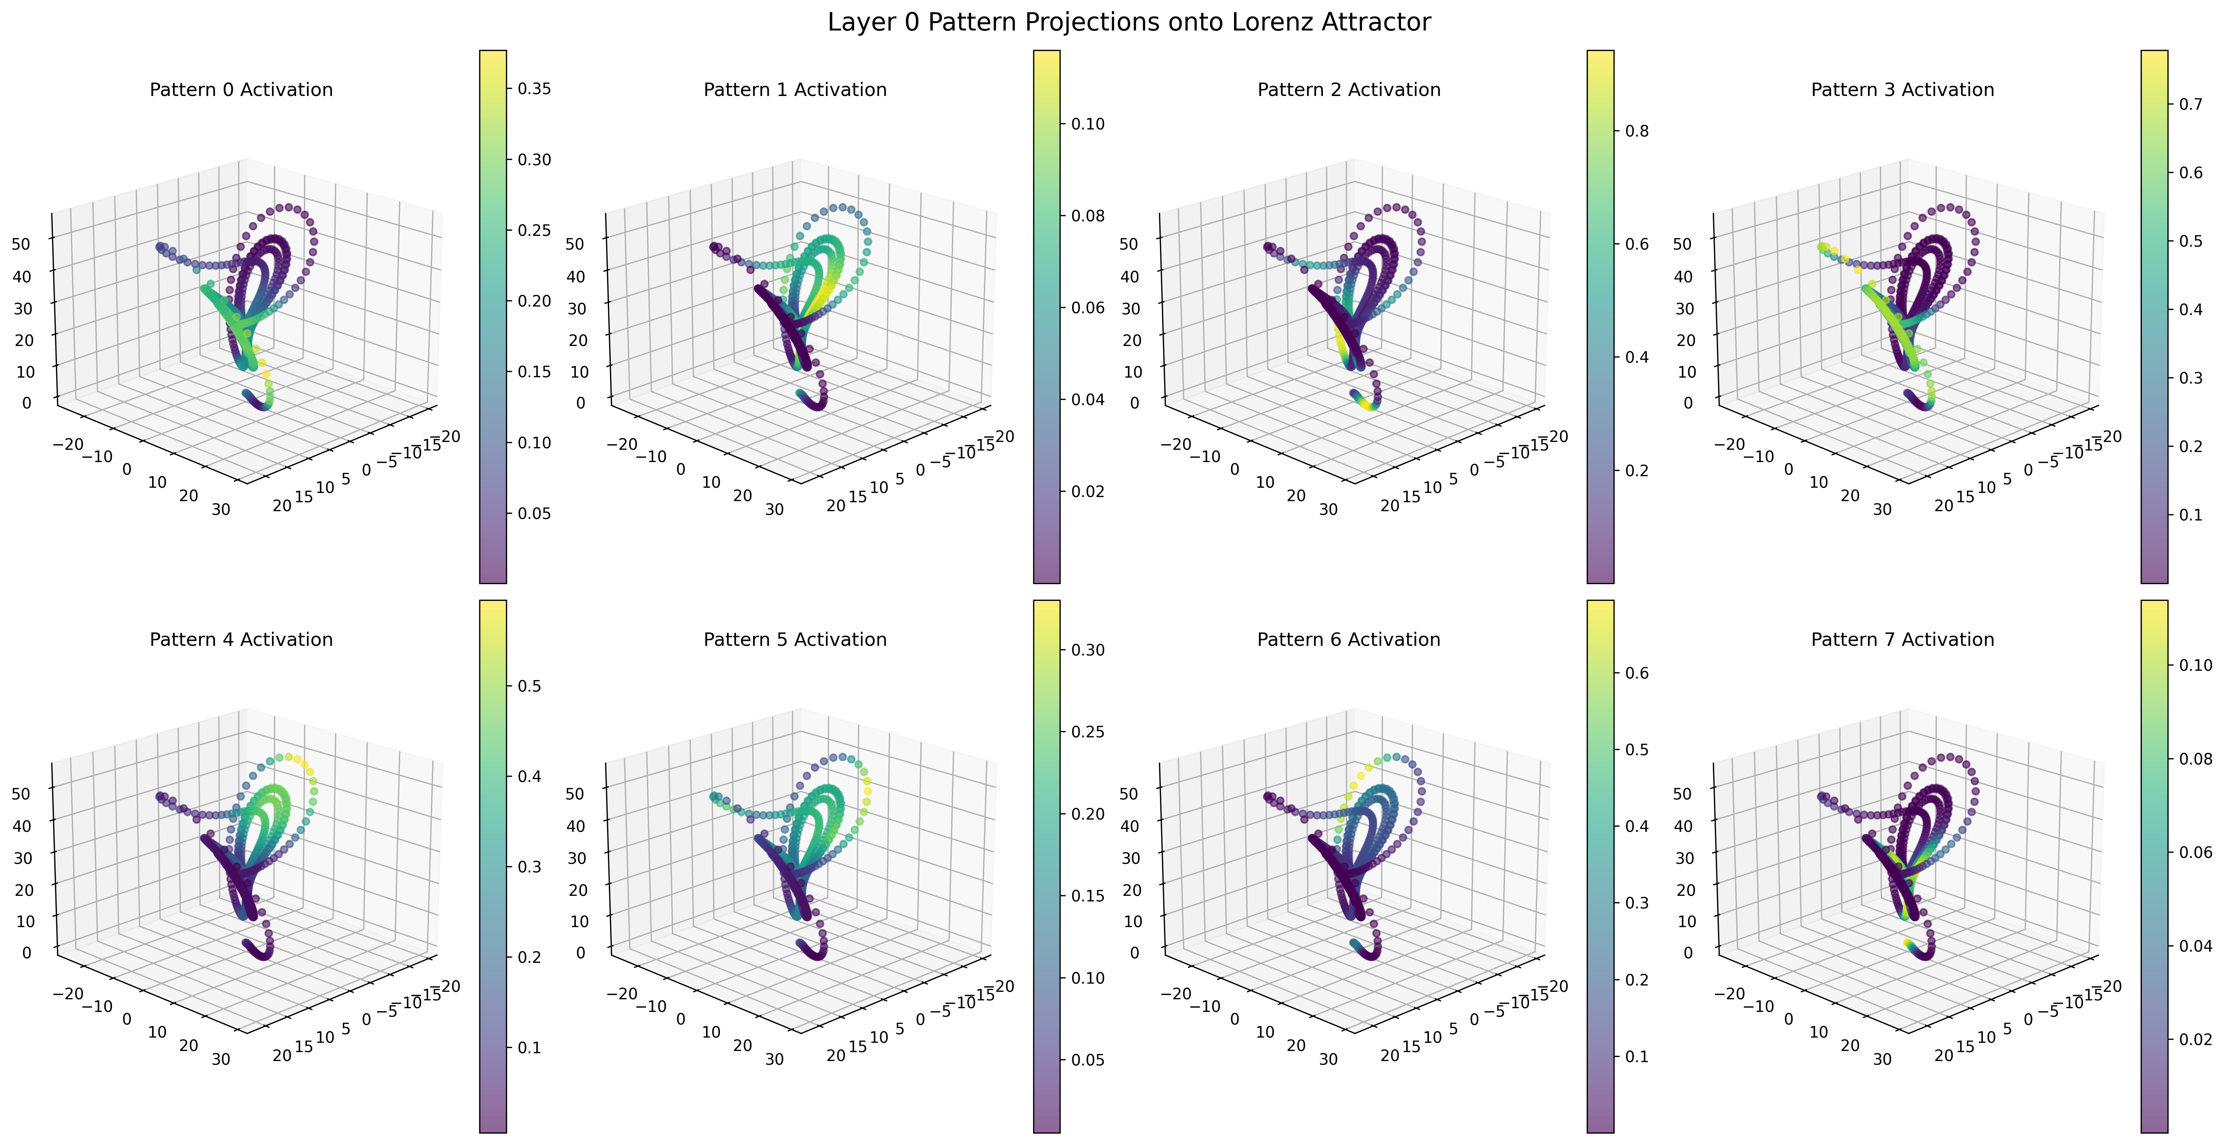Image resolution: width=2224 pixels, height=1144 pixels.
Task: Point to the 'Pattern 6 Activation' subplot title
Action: pyautogui.click(x=1349, y=640)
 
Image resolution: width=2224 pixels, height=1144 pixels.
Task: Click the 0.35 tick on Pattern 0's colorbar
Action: pyautogui.click(x=533, y=89)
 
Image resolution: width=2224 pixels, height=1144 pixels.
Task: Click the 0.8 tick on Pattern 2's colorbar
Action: pyautogui.click(x=1637, y=131)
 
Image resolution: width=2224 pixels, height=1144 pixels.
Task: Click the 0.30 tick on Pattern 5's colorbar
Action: pyautogui.click(x=1088, y=650)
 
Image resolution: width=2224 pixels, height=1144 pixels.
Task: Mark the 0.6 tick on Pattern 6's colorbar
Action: pyautogui.click(x=1637, y=673)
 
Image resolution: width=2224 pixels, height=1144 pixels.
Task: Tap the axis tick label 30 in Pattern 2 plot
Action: pyautogui.click(x=1328, y=509)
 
